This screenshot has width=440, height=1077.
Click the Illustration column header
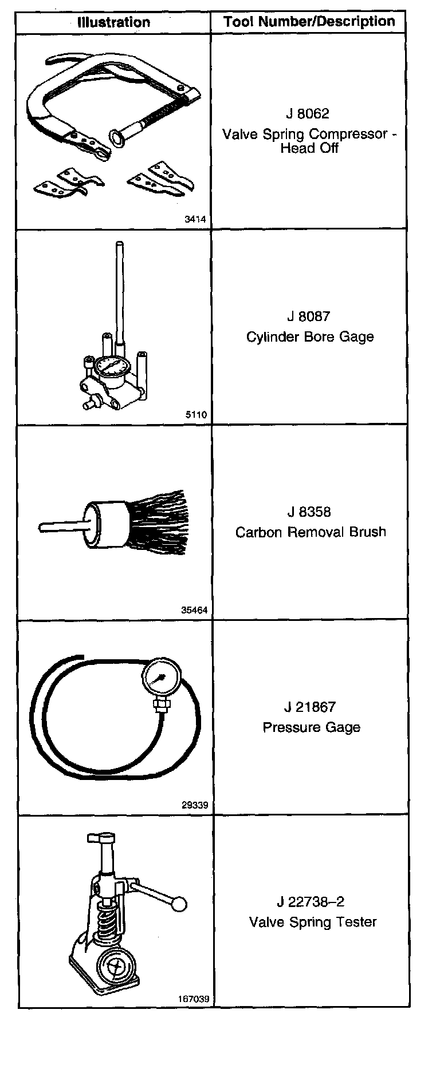[x=113, y=23]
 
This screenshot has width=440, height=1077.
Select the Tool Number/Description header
[x=309, y=22]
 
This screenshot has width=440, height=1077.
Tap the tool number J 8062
[x=308, y=113]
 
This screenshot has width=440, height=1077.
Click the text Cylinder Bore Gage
[x=310, y=336]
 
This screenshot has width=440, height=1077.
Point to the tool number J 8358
[x=309, y=512]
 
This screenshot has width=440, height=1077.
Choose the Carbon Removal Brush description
[x=311, y=532]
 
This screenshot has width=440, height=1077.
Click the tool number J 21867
[x=309, y=707]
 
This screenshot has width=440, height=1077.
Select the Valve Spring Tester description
[x=313, y=922]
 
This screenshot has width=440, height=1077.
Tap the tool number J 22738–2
[x=311, y=902]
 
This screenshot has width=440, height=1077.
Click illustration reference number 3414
[x=195, y=219]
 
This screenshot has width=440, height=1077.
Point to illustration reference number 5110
[x=196, y=415]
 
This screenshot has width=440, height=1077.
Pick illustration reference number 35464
[x=194, y=610]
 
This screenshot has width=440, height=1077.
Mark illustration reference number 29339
[x=194, y=805]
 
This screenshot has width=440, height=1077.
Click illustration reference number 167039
[x=194, y=999]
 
